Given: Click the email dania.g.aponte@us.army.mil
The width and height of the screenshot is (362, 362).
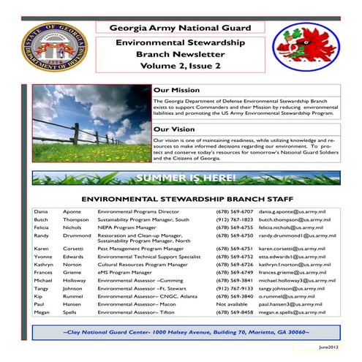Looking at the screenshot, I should click(290, 211).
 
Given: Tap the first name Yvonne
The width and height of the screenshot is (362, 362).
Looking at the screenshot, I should click(43, 258).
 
